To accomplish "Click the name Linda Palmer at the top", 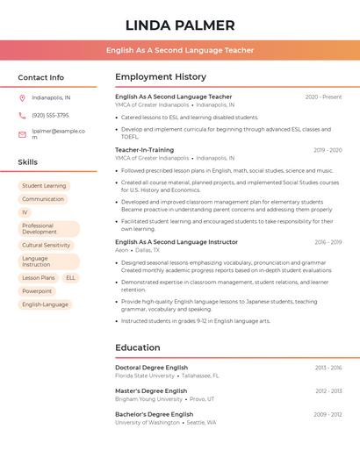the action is [x=180, y=25].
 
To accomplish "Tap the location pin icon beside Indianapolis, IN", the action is [x=22, y=97].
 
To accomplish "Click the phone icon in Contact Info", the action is [x=22, y=115].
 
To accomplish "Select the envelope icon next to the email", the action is [x=22, y=134].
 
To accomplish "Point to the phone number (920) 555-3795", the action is [x=50, y=115].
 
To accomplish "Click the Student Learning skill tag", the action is [x=44, y=186].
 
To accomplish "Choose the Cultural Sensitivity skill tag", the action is [x=46, y=245].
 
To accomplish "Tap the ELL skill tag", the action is [x=70, y=277].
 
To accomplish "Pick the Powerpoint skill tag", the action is [x=37, y=290].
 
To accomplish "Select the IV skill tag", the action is [x=25, y=212].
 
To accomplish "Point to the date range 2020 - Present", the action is [x=323, y=97].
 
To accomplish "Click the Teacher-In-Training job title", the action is [x=144, y=150].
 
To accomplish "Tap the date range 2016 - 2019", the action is [x=328, y=241].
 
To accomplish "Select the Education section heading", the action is [x=138, y=347].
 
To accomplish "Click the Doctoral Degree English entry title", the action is [x=151, y=368].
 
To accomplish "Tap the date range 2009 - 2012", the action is [x=328, y=414].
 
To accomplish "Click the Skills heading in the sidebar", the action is [x=28, y=162].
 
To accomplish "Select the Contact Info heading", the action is [x=41, y=77].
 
